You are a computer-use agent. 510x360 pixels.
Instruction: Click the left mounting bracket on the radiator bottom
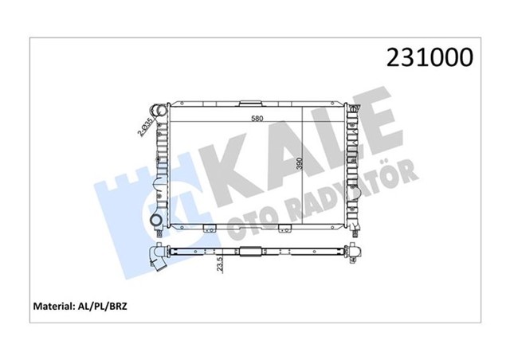pos(210,229)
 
